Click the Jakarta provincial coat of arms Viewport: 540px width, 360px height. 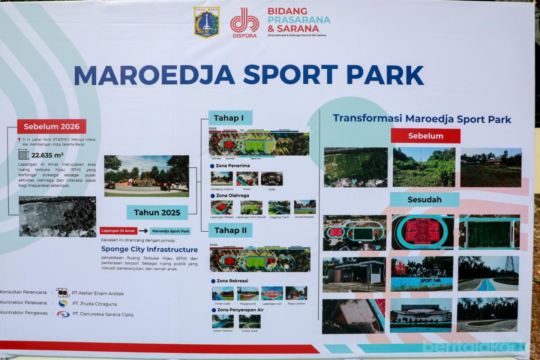pos(207,22)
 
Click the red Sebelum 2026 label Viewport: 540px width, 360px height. pos(52,126)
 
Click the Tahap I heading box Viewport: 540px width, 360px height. pos(229,118)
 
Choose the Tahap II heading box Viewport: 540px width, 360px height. pos(230,230)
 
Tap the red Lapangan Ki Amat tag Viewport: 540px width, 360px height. pos(118,231)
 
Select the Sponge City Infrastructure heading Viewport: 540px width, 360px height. pos(149,249)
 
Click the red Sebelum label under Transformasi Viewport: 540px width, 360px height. pos(425,136)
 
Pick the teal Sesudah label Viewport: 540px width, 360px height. pos(424,199)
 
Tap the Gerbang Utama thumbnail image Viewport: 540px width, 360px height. pos(222,179)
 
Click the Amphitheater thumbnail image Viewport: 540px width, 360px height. pos(305,207)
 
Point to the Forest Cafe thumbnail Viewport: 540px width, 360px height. pos(223,293)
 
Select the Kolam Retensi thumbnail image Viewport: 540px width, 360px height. pos(223,321)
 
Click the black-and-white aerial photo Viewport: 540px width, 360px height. pos(57,216)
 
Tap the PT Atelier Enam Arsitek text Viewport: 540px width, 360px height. pos(98,293)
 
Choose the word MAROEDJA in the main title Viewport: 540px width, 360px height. pos(154,76)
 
